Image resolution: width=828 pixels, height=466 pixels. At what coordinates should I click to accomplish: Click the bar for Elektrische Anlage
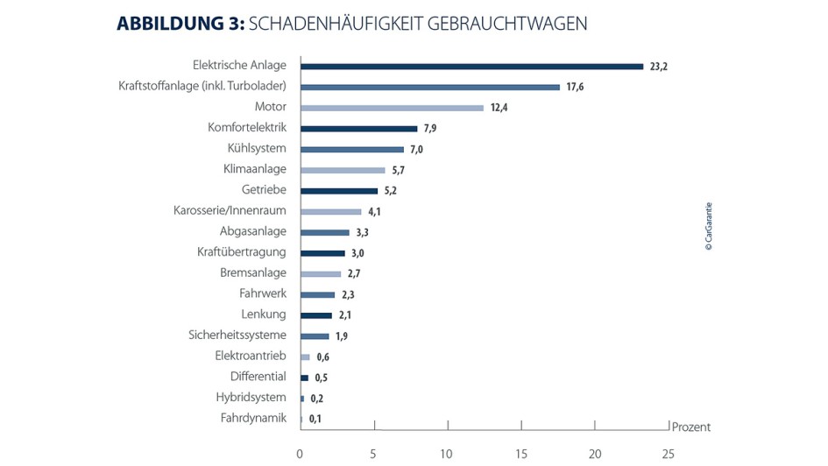click(471, 66)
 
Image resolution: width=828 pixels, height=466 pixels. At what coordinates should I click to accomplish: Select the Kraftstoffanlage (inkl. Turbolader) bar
click(430, 87)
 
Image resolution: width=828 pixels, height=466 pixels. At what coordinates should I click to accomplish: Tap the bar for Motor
click(392, 108)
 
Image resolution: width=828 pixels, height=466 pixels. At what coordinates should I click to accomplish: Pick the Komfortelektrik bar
click(358, 128)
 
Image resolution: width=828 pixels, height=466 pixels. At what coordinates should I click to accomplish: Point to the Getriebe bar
click(339, 190)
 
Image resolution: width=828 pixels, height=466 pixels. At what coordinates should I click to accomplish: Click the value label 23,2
click(659, 67)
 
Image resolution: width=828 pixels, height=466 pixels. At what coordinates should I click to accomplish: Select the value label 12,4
click(500, 108)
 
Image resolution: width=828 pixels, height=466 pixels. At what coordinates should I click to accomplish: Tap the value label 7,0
click(417, 150)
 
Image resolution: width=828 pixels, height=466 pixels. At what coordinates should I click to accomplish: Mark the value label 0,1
click(315, 419)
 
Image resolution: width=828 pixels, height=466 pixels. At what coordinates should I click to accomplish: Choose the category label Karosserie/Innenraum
click(230, 210)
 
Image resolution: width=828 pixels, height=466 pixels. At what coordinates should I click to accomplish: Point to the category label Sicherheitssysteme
click(237, 335)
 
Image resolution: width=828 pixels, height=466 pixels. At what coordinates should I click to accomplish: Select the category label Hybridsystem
click(251, 397)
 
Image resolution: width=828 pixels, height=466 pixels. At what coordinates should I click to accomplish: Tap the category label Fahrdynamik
click(253, 418)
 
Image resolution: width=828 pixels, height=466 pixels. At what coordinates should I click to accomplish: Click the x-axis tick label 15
click(520, 453)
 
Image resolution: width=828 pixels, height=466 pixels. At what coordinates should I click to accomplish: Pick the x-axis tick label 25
click(668, 453)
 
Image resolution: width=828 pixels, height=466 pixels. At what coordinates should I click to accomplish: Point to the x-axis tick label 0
click(300, 453)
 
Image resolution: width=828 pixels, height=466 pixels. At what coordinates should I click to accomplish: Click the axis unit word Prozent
click(690, 427)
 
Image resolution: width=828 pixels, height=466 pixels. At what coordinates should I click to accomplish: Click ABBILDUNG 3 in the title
click(180, 25)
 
